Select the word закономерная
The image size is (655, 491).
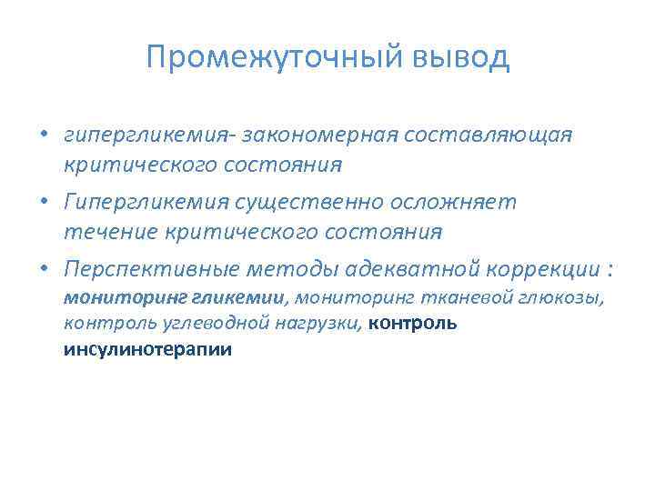[321, 135]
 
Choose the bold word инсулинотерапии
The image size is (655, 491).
[147, 348]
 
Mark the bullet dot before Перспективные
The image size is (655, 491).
[44, 270]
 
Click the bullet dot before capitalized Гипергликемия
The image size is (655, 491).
[44, 203]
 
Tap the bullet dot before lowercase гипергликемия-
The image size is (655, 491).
[44, 135]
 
